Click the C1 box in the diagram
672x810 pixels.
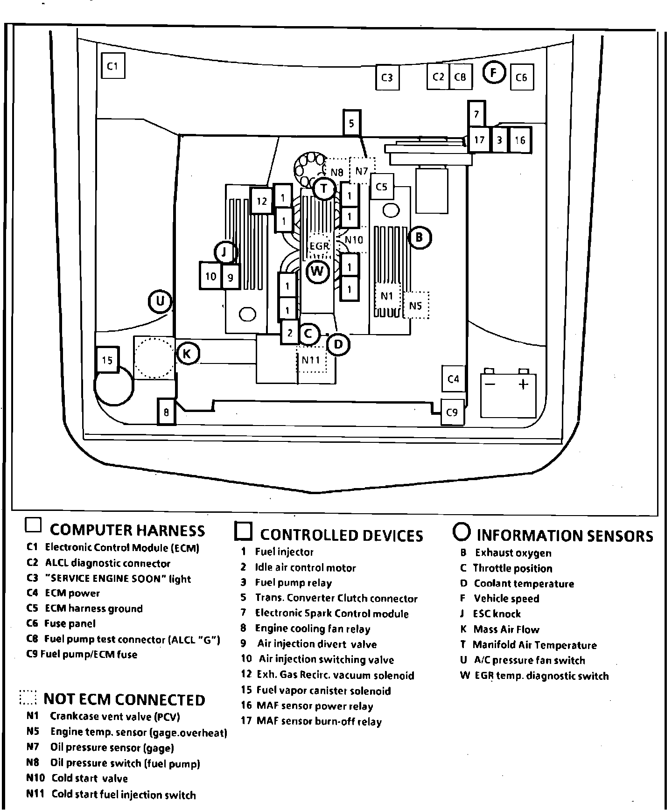pos(113,66)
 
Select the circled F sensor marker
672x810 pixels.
pos(494,72)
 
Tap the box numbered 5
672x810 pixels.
pos(351,123)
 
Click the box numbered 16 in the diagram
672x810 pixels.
pos(520,140)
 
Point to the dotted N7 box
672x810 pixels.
pos(362,171)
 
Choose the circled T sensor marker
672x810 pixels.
pos(324,189)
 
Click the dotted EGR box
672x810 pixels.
pos(319,245)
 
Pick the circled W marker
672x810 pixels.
pos(317,271)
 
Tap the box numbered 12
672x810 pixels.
pos(261,201)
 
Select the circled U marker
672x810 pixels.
pos(160,301)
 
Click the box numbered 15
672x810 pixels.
pos(107,360)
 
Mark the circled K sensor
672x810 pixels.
pos(187,354)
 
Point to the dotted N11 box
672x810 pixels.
pos(311,360)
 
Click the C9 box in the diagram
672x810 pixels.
pos(452,412)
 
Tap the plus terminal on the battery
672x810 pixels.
pos(524,384)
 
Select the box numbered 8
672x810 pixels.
pos(166,412)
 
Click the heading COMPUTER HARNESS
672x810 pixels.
pos(127,530)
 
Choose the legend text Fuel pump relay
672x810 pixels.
pos(293,583)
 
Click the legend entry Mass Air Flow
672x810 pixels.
pos(506,629)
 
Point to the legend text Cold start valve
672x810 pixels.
pos(89,778)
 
